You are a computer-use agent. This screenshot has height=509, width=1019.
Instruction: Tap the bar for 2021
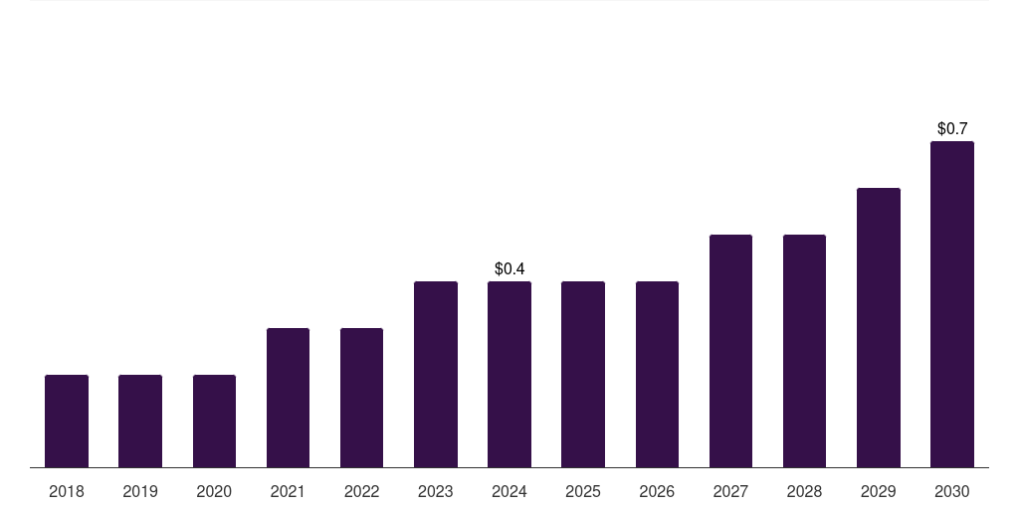pyautogui.click(x=288, y=398)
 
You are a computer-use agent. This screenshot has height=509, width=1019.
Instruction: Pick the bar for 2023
pyautogui.click(x=436, y=374)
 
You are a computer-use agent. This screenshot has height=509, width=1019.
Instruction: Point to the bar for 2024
pyautogui.click(x=509, y=374)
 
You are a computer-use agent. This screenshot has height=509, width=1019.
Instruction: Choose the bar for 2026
pyautogui.click(x=657, y=374)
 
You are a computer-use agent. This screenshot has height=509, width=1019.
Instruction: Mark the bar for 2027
pyautogui.click(x=730, y=351)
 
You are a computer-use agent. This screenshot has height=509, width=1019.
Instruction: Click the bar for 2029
pyautogui.click(x=879, y=327)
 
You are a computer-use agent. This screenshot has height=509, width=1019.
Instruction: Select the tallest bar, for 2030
pyautogui.click(x=952, y=304)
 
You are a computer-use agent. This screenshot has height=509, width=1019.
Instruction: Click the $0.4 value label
pyautogui.click(x=509, y=268)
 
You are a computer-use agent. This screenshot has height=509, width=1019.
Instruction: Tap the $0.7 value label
pyautogui.click(x=952, y=128)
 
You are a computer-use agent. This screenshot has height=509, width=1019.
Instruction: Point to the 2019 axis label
pyautogui.click(x=140, y=491)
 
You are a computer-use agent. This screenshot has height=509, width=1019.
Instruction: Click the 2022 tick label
pyautogui.click(x=361, y=491)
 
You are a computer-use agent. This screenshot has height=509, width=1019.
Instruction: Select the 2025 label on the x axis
pyautogui.click(x=583, y=491)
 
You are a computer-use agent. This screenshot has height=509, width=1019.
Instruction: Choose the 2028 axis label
pyautogui.click(x=804, y=491)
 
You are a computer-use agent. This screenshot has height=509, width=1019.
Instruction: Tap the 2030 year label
pyautogui.click(x=952, y=491)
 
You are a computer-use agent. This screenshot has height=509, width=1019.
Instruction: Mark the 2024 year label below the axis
pyautogui.click(x=509, y=491)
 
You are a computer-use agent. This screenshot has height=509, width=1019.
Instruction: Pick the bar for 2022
pyautogui.click(x=361, y=398)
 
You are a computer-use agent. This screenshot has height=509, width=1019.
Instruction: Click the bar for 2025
pyautogui.click(x=583, y=374)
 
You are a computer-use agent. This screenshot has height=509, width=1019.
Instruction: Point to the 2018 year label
pyautogui.click(x=67, y=491)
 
